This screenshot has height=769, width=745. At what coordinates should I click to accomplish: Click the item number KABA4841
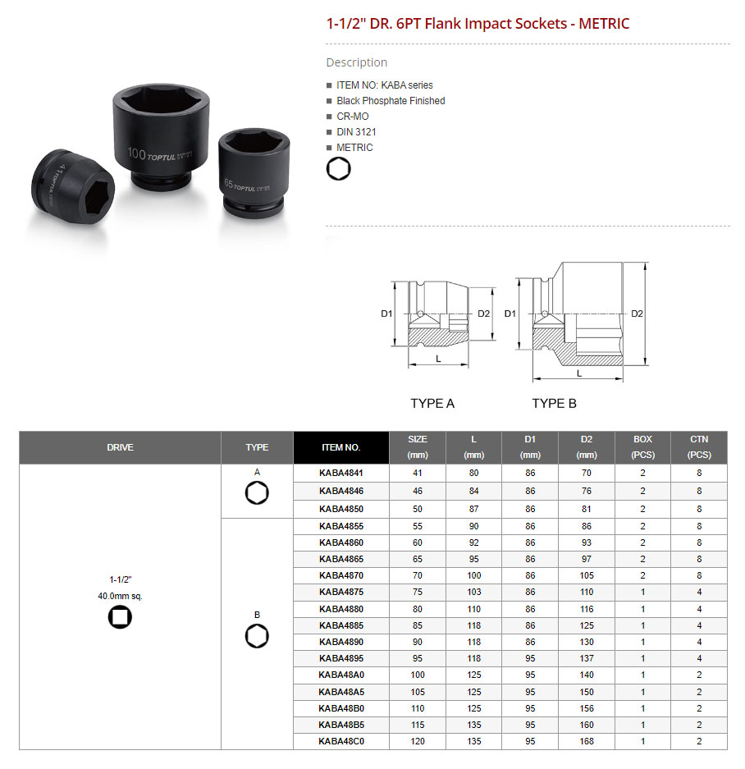coord(341,473)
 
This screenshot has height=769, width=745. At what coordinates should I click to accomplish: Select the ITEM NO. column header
coord(341,447)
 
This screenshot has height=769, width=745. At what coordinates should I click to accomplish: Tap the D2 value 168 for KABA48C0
coord(586,741)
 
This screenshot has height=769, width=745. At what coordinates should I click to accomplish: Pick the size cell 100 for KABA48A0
coord(418,675)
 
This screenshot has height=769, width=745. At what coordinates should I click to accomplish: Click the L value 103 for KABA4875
coord(473,592)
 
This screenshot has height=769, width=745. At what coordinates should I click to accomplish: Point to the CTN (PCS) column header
coord(699,446)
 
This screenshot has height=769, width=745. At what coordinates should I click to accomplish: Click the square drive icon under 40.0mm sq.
coord(120,616)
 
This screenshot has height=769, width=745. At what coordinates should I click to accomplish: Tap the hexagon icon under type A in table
coord(257,493)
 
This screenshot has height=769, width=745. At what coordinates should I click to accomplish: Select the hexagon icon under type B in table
coord(257,636)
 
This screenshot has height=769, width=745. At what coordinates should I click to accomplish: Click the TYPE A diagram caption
coord(432,404)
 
